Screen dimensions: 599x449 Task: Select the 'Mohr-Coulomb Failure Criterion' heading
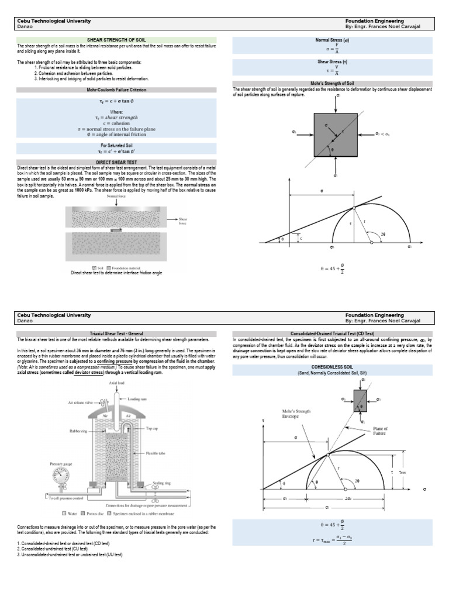click(116, 89)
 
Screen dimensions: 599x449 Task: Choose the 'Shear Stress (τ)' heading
click(332, 61)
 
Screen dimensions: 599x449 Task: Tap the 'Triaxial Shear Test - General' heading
click(116, 333)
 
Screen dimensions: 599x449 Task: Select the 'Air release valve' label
click(81, 403)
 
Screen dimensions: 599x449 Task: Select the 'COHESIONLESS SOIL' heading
click(332, 367)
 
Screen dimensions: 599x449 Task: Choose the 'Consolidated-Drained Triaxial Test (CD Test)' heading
click(332, 333)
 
